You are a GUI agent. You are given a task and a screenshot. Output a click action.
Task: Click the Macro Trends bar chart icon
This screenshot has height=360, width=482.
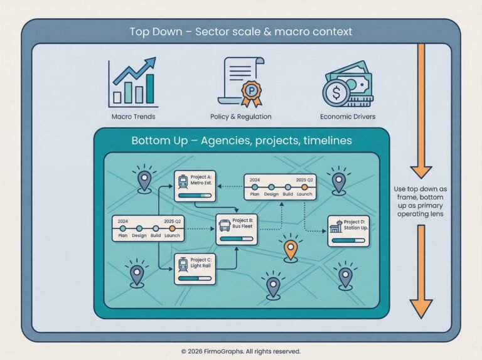click(x=133, y=82)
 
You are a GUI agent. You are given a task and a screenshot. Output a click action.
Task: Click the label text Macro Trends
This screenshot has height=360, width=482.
click(x=133, y=117)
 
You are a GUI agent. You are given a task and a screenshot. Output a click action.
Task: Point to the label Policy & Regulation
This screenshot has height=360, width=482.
click(x=240, y=117)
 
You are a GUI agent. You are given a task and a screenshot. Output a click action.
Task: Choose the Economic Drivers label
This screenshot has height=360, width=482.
click(x=347, y=117)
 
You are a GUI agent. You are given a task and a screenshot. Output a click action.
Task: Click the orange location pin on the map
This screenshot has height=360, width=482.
click(x=290, y=248)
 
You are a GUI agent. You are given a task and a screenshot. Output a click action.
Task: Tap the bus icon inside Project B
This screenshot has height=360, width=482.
click(x=225, y=225)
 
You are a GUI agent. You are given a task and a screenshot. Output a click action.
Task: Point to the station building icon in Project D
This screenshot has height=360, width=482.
click(x=336, y=226)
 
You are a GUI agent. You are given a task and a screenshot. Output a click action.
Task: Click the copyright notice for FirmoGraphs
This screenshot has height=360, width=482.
click(x=241, y=351)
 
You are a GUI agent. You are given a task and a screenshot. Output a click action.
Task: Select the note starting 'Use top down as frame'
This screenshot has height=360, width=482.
click(x=421, y=201)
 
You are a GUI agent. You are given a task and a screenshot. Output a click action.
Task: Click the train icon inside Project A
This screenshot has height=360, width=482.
click(x=183, y=182)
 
